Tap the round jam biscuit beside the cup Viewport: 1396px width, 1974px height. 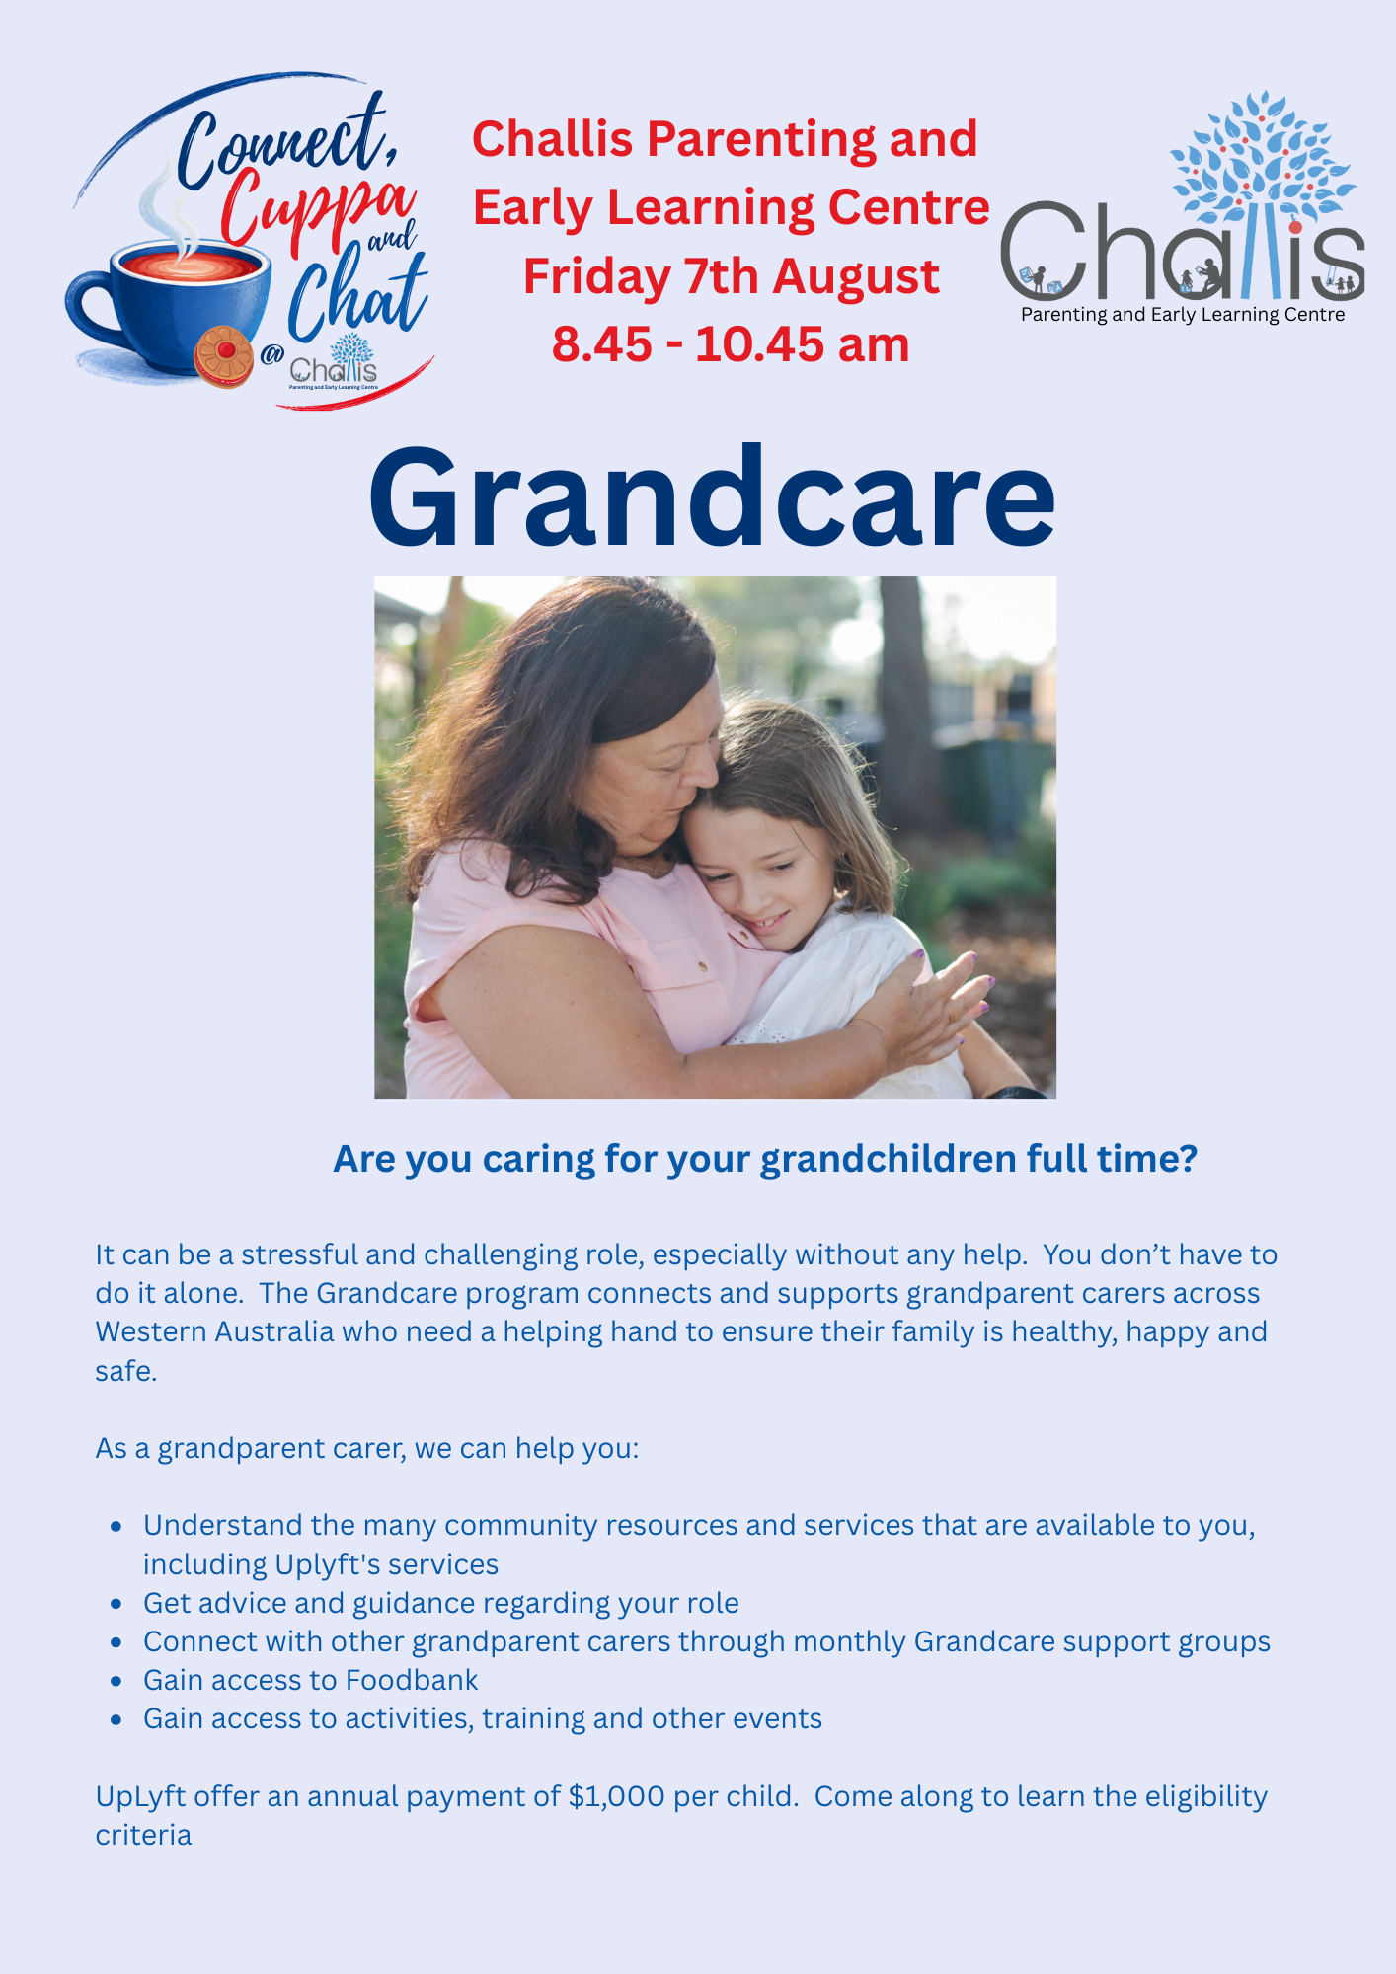(x=224, y=356)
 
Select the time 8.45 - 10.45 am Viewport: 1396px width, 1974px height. (x=731, y=344)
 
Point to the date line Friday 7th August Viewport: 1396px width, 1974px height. (x=731, y=276)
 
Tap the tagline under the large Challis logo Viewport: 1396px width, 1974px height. (x=1183, y=315)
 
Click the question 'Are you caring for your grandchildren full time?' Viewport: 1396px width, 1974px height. (x=765, y=1159)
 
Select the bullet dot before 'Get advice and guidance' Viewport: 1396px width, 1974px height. (x=116, y=1604)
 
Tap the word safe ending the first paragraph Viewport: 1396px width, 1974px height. (x=126, y=1371)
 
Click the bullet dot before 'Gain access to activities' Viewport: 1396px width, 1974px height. (x=116, y=1719)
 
